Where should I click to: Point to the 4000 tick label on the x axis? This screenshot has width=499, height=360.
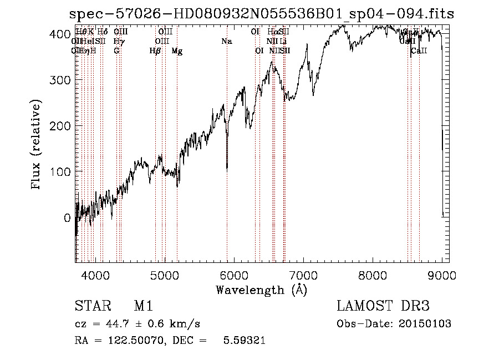click(96, 275)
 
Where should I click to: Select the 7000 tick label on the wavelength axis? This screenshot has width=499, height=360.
click(304, 275)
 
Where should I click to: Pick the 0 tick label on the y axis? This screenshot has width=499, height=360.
click(67, 218)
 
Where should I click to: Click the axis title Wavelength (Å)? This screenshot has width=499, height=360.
click(261, 289)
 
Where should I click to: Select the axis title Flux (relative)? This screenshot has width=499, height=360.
click(37, 146)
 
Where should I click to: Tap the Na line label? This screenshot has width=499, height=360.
click(226, 42)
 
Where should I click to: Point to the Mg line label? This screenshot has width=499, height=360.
click(177, 51)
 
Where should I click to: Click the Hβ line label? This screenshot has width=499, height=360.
click(155, 51)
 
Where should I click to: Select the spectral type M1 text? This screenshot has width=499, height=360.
click(143, 307)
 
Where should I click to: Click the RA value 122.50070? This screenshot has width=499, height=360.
click(136, 341)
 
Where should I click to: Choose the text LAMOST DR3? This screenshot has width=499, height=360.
click(383, 307)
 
